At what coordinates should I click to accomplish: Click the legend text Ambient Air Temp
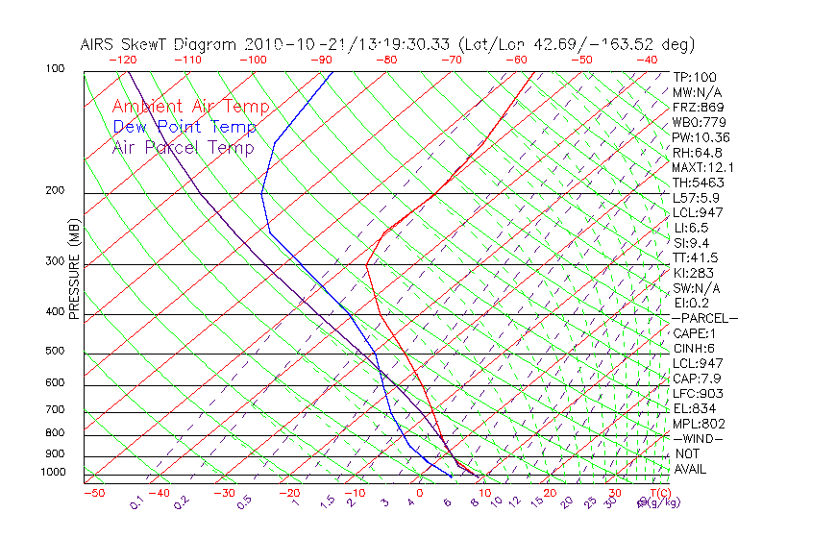coord(190,107)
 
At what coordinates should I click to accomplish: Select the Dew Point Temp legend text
coord(184,127)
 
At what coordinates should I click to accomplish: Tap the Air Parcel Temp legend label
coord(183,147)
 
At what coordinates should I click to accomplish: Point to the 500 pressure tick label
coord(55,351)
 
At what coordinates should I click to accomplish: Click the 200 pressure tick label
coord(55,190)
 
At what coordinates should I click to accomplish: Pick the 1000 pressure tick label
coord(52,472)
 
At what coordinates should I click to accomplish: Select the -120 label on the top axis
coord(122,60)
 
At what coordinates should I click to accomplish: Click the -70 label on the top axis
coord(451,60)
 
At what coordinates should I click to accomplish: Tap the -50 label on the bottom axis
coord(93,493)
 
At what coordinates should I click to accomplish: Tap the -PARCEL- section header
coord(705,318)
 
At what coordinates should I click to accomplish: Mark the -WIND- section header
coord(698,438)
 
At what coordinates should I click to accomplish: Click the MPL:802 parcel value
coord(699,424)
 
